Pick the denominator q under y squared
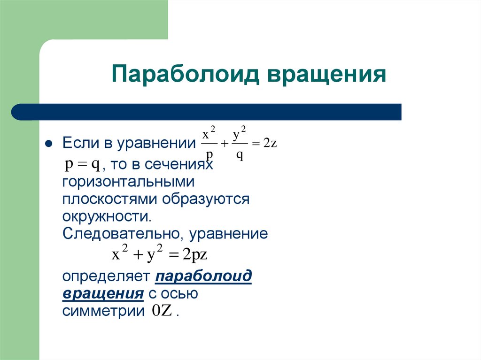(x=239, y=156)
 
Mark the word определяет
(x=106, y=277)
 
